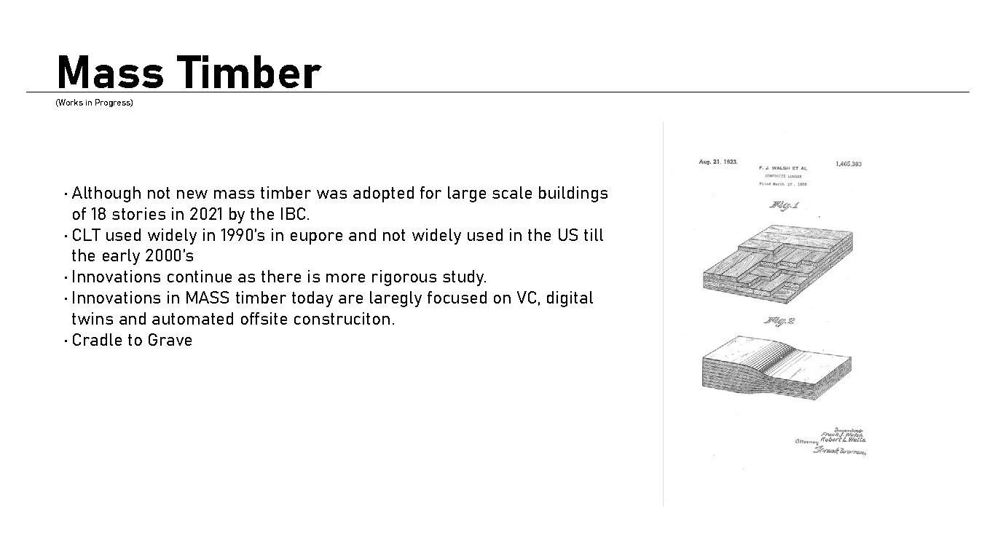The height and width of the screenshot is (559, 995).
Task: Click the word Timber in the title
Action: point(248,73)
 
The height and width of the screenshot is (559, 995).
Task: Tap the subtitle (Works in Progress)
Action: point(94,103)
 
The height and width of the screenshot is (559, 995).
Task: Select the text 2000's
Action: point(169,256)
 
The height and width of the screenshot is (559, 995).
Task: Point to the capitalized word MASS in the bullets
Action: point(208,298)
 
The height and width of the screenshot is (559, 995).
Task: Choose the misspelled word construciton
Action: point(344,320)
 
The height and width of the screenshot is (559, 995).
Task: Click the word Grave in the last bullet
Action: point(170,341)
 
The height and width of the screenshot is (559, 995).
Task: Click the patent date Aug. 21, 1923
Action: point(717,162)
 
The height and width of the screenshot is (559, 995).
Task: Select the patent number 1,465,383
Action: point(848,164)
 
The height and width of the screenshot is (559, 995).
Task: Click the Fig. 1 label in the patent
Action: point(784,206)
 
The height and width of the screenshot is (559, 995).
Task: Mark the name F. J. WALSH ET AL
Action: point(782,168)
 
